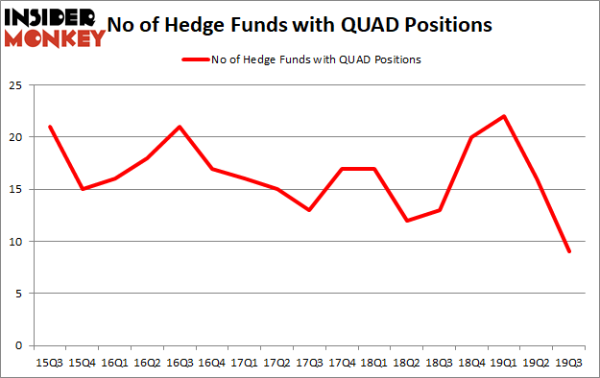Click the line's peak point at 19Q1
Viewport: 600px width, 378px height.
(x=504, y=116)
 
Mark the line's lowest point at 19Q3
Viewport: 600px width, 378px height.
(x=569, y=251)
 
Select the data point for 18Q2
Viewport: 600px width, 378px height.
(x=407, y=221)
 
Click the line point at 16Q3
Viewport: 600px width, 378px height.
(x=180, y=127)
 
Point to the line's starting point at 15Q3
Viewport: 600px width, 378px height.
(x=49, y=127)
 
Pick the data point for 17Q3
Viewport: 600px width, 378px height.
(x=309, y=210)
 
